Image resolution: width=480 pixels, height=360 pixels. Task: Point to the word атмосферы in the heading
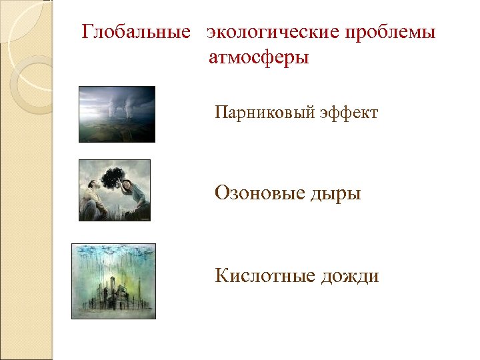coord(259,58)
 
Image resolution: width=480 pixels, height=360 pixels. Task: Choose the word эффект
coord(349,113)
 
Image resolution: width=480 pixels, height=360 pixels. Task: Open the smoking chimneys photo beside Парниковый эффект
coord(117,114)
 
